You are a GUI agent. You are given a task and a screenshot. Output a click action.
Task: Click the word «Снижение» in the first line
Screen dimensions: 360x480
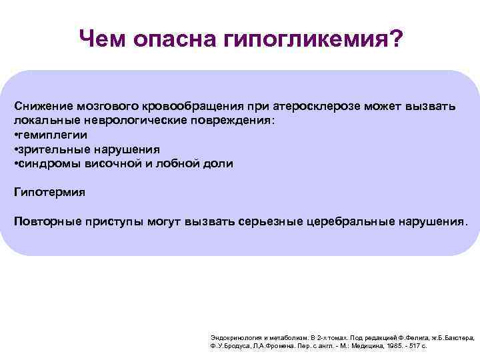coord(43,107)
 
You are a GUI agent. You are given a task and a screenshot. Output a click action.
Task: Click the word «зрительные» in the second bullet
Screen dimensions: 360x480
coord(53,149)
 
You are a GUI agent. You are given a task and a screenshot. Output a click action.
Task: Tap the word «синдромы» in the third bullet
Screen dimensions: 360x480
coord(48,163)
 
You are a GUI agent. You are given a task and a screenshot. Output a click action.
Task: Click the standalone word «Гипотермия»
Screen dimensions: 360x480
coord(49,192)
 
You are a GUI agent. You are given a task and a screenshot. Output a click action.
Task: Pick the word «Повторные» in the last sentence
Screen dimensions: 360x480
coord(46,221)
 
